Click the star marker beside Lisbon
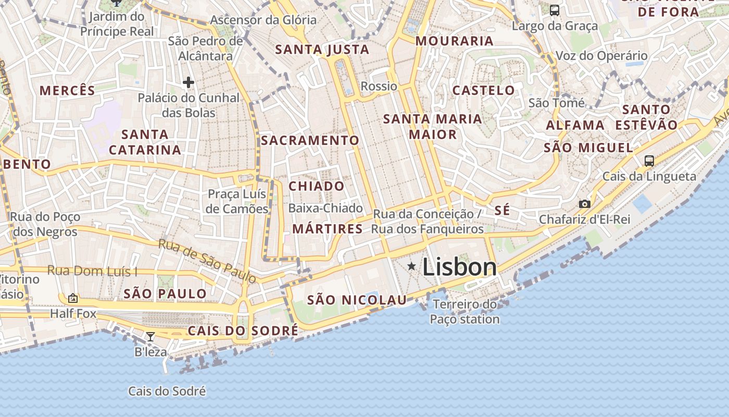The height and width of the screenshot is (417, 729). [411, 266]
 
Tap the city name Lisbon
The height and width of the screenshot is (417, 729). [459, 267]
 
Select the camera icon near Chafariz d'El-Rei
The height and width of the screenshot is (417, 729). [585, 204]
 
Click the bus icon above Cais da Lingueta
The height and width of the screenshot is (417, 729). [649, 161]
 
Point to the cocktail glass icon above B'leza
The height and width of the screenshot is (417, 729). [150, 337]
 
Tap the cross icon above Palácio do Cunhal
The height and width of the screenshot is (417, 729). [188, 82]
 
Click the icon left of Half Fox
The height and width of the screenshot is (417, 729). [73, 298]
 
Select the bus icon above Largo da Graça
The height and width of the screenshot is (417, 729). [555, 10]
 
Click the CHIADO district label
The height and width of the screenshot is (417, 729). [317, 186]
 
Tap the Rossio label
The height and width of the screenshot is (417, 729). [379, 86]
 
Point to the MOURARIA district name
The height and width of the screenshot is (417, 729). [455, 41]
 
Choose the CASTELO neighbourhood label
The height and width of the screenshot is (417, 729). [483, 90]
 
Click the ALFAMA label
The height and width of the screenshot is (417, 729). [575, 125]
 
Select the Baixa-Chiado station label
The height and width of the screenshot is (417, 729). [325, 208]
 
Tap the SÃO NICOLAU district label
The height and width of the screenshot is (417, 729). [357, 300]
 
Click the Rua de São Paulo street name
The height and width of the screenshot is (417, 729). [207, 261]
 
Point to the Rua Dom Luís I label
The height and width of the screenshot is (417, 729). [92, 271]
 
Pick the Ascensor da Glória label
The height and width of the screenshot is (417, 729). [263, 20]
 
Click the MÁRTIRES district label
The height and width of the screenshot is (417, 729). [328, 229]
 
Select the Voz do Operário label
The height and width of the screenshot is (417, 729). [601, 56]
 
